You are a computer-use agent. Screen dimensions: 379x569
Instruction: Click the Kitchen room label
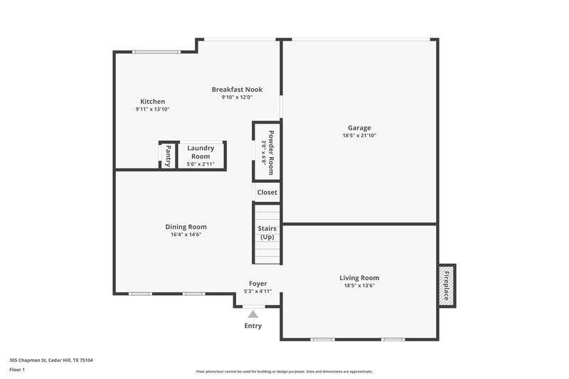(x=152, y=102)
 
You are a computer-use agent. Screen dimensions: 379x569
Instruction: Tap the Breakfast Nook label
(x=237, y=90)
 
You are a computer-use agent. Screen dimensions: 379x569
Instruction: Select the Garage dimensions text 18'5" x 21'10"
(x=358, y=135)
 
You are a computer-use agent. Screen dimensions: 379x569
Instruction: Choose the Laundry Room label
(x=201, y=152)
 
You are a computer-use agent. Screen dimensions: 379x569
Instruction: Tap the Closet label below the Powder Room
(x=267, y=192)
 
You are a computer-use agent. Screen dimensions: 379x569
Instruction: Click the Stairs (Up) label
(x=267, y=233)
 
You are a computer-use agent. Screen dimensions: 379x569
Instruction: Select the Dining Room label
(x=186, y=227)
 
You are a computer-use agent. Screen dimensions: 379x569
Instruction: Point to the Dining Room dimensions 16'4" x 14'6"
(x=186, y=235)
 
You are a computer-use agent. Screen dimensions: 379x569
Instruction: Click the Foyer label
(x=257, y=284)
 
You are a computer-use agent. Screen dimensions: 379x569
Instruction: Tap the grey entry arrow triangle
(x=252, y=314)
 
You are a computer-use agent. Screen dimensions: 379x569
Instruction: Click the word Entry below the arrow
(x=253, y=326)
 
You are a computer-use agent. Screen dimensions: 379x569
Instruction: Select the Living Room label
(x=358, y=278)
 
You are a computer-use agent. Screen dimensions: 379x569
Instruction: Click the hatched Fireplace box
(x=447, y=286)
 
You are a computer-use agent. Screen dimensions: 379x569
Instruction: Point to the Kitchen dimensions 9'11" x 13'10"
(x=152, y=110)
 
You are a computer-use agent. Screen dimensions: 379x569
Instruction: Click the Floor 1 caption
(x=17, y=370)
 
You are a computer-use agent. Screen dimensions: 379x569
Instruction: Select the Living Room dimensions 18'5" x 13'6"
(x=358, y=286)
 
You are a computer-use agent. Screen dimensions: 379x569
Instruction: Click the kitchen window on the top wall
(x=156, y=51)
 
